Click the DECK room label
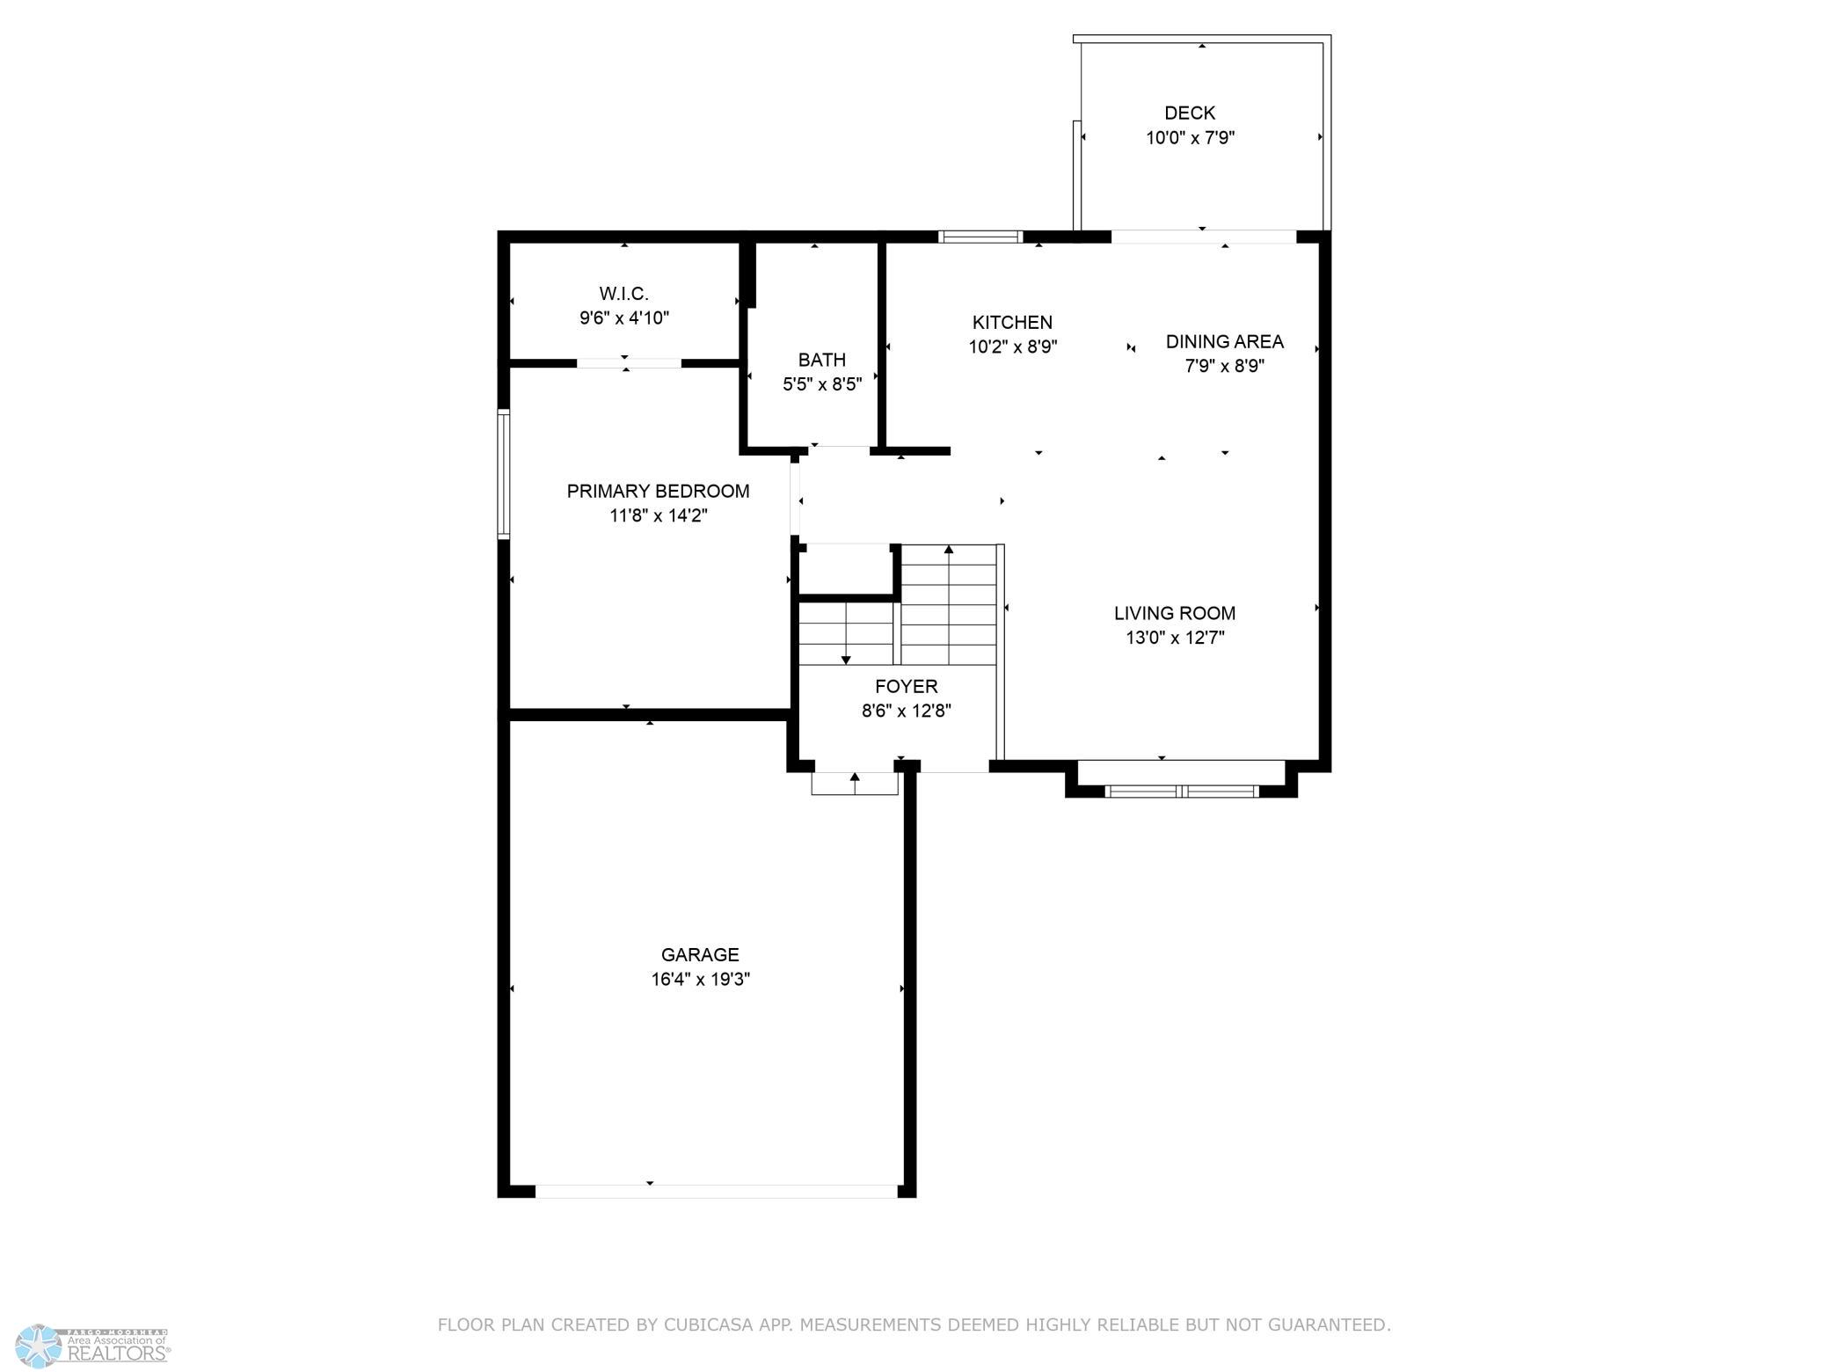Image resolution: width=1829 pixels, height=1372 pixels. [x=1190, y=113]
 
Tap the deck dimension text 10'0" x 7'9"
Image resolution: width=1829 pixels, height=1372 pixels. [x=1191, y=138]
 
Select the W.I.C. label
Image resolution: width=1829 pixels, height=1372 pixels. [x=624, y=294]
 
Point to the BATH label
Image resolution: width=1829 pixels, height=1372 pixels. [x=822, y=360]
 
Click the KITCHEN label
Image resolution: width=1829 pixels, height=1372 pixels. [x=1012, y=323]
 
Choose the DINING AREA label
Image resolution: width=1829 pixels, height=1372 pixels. [x=1225, y=341]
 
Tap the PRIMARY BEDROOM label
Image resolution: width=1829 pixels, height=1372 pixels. [x=659, y=491]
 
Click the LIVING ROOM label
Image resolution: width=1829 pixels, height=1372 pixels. [x=1175, y=613]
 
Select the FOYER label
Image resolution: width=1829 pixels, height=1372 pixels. [x=907, y=686]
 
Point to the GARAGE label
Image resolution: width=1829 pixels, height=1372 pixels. [x=700, y=954]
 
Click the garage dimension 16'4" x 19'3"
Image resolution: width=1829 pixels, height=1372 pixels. [x=701, y=980]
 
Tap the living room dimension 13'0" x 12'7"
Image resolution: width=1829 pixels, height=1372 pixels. [x=1176, y=638]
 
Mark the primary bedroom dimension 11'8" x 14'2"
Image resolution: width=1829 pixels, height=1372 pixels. [x=659, y=515]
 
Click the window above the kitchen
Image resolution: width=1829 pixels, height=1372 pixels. [x=980, y=236]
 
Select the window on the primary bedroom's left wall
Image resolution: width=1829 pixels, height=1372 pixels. [x=504, y=473]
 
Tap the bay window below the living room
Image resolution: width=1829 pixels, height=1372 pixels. [x=1182, y=791]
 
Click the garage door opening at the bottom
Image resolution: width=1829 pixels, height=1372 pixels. [x=717, y=1191]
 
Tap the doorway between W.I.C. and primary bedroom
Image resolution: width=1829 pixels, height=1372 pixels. [x=629, y=362]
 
